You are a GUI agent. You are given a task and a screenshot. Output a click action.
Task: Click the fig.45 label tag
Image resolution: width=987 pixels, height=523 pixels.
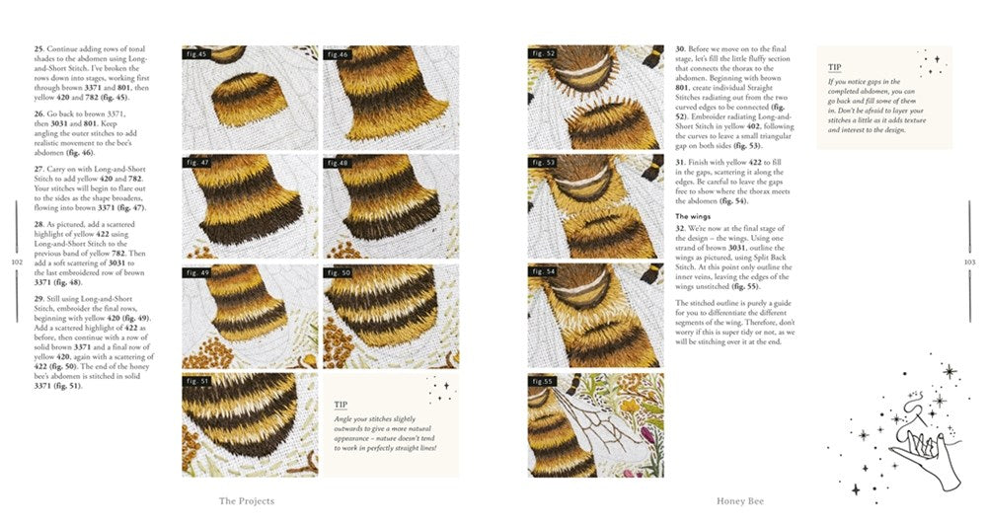click(x=197, y=53)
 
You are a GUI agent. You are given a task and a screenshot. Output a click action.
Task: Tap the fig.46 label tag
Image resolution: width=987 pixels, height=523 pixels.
click(x=339, y=53)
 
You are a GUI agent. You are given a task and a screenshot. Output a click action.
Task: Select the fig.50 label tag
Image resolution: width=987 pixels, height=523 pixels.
click(x=339, y=271)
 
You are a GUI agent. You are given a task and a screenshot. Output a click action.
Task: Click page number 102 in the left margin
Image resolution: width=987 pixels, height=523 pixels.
click(x=16, y=262)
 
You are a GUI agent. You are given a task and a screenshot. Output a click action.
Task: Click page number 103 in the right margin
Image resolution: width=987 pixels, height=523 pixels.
click(x=969, y=261)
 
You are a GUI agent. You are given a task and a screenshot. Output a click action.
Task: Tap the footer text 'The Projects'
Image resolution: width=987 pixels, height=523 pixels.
click(x=246, y=501)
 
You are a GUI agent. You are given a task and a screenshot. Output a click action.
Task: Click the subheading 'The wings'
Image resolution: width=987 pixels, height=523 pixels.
click(x=694, y=215)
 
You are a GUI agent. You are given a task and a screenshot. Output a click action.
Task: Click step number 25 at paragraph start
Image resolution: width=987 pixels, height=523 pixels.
click(x=38, y=48)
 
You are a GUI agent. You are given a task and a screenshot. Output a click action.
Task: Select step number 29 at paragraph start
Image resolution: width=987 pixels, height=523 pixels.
click(x=38, y=297)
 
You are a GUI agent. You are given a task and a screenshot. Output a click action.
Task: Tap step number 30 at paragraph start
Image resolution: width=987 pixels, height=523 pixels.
click(x=680, y=48)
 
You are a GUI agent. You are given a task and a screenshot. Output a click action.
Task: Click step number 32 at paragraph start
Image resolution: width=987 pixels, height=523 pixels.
click(x=680, y=229)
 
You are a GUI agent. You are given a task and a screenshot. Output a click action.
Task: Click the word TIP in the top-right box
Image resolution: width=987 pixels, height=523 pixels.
click(x=835, y=68)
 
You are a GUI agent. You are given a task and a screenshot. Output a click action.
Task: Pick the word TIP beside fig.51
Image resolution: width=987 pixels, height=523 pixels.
click(x=341, y=405)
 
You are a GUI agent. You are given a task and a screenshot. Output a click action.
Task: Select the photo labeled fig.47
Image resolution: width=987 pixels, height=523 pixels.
click(x=250, y=205)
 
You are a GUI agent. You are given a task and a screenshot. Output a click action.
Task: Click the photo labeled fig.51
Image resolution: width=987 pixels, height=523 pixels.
click(x=250, y=424)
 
